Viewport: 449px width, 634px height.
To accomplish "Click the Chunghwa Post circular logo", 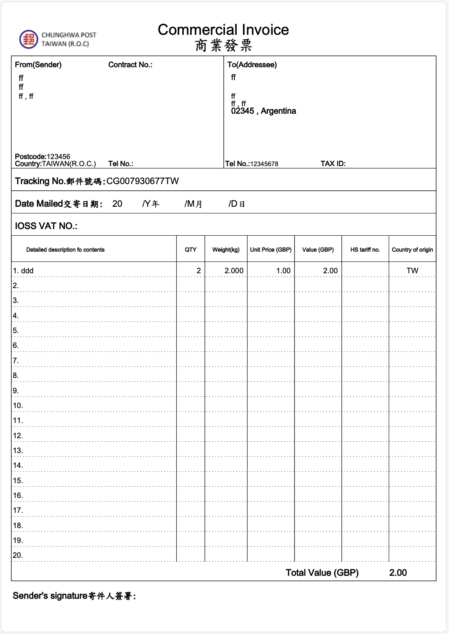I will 29,39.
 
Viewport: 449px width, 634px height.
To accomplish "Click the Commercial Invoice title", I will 223,30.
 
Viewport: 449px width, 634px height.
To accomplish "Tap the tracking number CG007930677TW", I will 142,181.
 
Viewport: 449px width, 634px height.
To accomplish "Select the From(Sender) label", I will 38,64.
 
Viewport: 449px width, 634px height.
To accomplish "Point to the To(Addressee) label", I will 252,64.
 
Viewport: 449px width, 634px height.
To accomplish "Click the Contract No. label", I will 130,64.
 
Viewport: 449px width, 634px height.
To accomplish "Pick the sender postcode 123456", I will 58,156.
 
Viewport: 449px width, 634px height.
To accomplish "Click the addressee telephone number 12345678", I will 264,164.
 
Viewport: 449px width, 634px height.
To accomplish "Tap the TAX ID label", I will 333,164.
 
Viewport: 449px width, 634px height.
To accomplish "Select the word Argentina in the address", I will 278,111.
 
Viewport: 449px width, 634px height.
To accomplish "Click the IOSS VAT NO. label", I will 46,226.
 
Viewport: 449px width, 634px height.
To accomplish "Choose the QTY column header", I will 190,249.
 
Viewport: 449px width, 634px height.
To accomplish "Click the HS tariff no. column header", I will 365,249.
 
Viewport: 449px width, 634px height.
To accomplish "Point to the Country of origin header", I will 412,249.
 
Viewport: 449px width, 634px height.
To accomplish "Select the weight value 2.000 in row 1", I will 234,270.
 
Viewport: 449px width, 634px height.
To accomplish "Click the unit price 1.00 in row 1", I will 283,270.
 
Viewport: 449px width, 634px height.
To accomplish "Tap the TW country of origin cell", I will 412,270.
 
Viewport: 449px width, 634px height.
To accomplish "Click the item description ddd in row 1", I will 27,270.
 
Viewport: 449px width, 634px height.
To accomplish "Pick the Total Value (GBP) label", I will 322,573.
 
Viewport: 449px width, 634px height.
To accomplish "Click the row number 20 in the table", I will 18,555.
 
